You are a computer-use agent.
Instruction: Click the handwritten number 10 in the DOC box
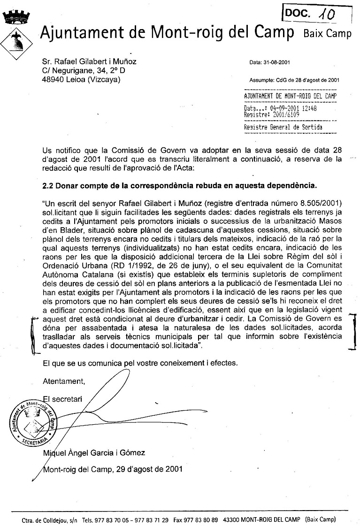pyautogui.click(x=326, y=15)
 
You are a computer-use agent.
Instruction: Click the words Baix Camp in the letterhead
pyautogui.click(x=327, y=33)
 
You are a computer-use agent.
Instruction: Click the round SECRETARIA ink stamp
pyautogui.click(x=34, y=420)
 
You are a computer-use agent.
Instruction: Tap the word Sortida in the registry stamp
pyautogui.click(x=311, y=127)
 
